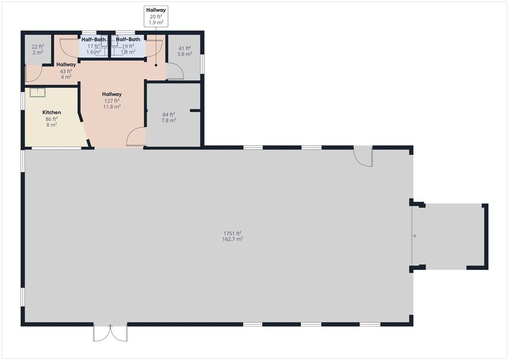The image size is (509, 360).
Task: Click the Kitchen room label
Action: click(x=52, y=113)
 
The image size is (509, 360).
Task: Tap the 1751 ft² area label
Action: click(x=232, y=233)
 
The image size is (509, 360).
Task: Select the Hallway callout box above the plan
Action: click(x=156, y=16)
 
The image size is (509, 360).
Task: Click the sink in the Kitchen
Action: click(x=37, y=92)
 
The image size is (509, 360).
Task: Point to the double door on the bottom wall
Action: click(x=110, y=333)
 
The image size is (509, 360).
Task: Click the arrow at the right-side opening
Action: click(x=414, y=236)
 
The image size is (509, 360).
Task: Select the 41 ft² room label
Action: click(x=185, y=48)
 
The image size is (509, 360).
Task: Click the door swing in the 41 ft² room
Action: click(x=175, y=73)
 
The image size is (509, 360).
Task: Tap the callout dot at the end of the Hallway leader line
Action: click(x=156, y=65)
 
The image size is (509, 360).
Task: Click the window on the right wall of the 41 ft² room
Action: click(x=202, y=64)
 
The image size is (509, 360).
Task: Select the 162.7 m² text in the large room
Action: click(x=232, y=239)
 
